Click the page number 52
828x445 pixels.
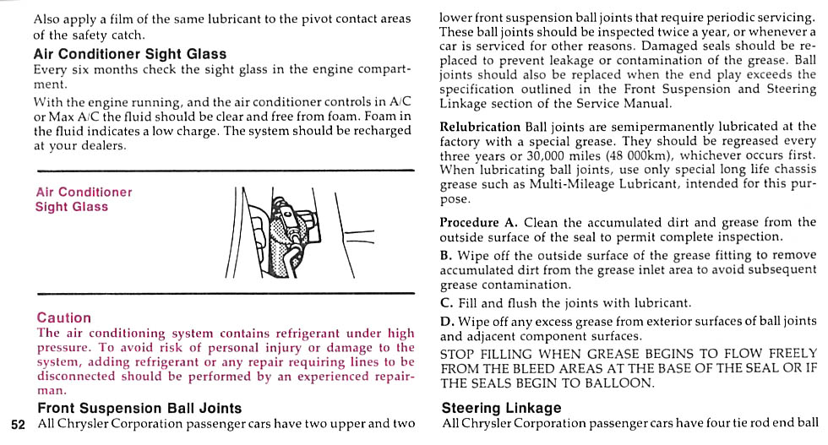[x=19, y=423]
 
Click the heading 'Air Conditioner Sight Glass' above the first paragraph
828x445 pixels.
[x=130, y=53]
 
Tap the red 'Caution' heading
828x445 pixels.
[x=64, y=318]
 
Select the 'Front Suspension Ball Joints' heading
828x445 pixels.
[x=139, y=408]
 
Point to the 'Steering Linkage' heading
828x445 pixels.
[x=501, y=408]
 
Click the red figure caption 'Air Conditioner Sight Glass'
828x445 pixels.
[x=84, y=199]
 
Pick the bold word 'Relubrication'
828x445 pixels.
[x=480, y=127]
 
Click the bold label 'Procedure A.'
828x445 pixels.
[x=478, y=223]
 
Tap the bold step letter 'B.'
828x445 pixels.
[x=446, y=254]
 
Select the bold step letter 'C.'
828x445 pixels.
[x=447, y=302]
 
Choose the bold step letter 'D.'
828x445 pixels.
[x=447, y=321]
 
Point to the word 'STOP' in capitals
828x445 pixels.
[x=458, y=353]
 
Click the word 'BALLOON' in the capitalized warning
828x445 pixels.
[x=624, y=383]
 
